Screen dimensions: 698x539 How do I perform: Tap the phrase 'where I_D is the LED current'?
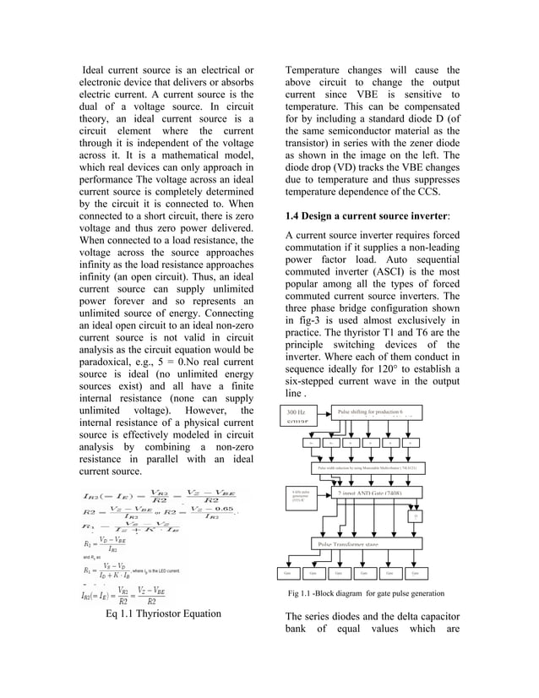coord(180,571)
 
